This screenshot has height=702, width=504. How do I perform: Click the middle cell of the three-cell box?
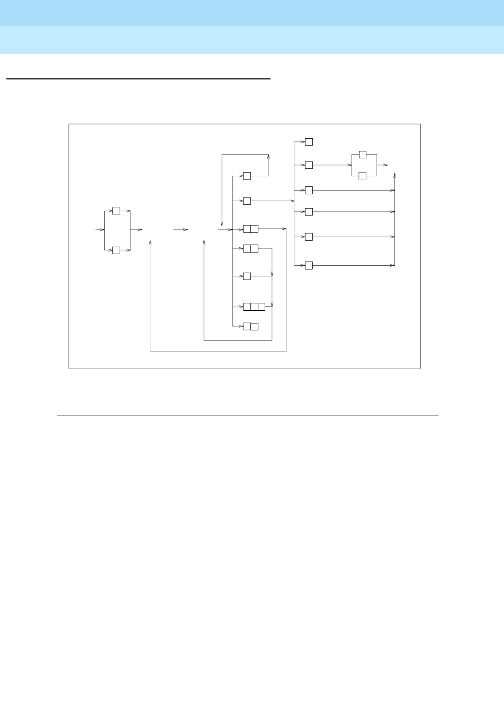[254, 307]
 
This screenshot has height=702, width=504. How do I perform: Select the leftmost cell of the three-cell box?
[247, 307]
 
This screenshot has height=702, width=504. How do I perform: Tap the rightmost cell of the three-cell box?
[262, 307]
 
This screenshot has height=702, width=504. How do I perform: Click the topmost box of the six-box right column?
[309, 142]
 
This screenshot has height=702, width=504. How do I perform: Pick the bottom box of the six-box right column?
[309, 265]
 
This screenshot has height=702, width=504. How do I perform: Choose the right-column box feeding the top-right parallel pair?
[309, 165]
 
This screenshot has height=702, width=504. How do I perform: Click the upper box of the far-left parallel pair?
[116, 211]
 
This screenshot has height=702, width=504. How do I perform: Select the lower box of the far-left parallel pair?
[116, 250]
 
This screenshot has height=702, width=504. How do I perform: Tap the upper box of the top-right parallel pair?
[363, 155]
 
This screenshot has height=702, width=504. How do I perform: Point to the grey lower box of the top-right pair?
[363, 176]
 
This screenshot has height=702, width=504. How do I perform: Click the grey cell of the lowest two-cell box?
[247, 326]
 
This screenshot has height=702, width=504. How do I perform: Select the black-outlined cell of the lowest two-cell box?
[254, 326]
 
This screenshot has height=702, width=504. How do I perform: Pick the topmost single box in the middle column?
[247, 176]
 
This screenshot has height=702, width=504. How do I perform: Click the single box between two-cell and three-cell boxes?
[247, 276]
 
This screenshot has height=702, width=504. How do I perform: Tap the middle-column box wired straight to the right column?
[247, 201]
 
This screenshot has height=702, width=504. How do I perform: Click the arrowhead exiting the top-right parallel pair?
[385, 165]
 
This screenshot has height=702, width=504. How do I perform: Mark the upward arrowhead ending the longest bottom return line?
[151, 242]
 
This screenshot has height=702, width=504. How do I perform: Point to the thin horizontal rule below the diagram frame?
[248, 416]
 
